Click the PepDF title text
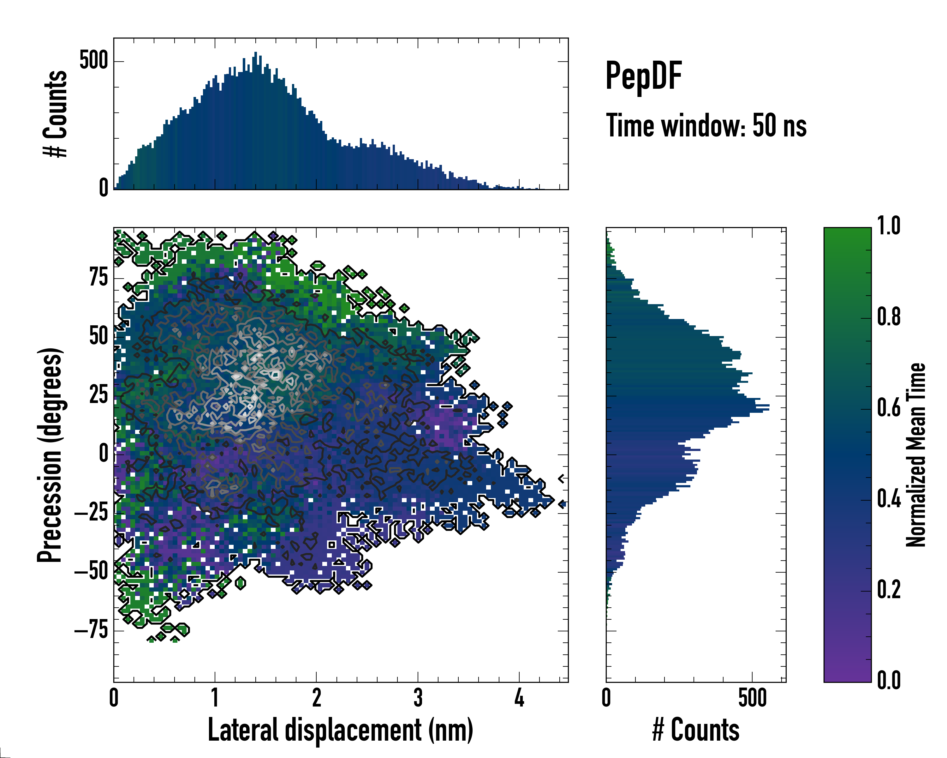pos(643,75)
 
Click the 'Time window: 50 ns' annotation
pos(706,126)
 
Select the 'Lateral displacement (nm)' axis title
pos(340,730)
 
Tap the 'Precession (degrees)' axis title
pos(50,455)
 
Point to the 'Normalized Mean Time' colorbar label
pos(916,455)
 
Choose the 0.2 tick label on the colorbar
pos(889,589)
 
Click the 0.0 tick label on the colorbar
pos(889,680)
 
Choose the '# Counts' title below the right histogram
pos(696,730)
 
